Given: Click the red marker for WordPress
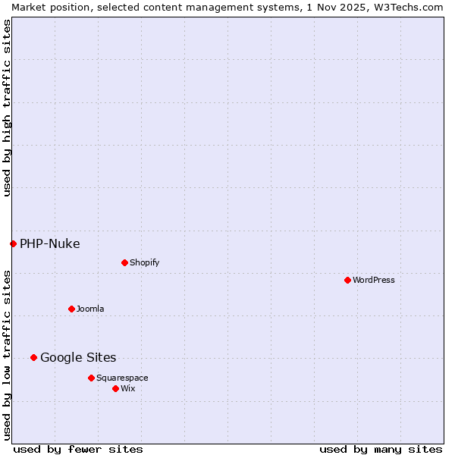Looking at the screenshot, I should tap(347, 280).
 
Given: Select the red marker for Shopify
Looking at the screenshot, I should tap(124, 262).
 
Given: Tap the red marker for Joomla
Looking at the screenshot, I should tap(71, 309).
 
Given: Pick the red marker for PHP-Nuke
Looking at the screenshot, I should tap(13, 243).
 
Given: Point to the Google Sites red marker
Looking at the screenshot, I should tap(33, 357).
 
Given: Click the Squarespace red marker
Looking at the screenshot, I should tap(91, 378).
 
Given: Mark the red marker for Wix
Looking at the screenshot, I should tap(115, 388).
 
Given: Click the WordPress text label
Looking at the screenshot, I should tap(374, 280).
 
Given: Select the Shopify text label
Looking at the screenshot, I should tap(145, 262).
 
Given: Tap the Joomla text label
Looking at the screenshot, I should tap(90, 309).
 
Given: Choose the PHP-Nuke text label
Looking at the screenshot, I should tap(50, 243).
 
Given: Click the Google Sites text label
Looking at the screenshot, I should tap(78, 357).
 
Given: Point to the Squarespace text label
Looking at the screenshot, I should tap(122, 378).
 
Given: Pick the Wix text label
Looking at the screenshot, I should tap(128, 388).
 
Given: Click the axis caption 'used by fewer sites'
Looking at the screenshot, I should tap(78, 449).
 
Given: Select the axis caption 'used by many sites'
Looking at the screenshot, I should tap(381, 449).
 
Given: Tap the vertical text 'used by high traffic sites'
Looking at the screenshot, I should tap(7, 108).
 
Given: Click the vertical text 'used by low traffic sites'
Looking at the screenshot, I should tap(7, 354).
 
